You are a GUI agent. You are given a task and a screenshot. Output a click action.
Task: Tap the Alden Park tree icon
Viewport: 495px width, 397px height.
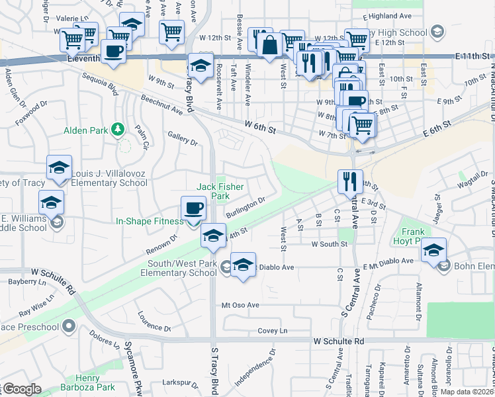[118, 129]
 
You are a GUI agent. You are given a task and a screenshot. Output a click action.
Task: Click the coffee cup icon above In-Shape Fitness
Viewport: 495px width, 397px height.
[194, 208]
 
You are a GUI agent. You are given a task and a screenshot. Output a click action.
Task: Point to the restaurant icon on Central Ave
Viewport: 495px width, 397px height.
[349, 181]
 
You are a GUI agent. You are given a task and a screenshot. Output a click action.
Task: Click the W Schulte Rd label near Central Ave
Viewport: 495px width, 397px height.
[338, 341]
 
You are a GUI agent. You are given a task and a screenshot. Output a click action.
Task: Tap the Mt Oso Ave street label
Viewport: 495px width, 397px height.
[240, 305]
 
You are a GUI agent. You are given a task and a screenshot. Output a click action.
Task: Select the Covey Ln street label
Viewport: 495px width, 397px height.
[273, 331]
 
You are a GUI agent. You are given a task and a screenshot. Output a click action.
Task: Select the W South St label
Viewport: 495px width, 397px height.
[329, 244]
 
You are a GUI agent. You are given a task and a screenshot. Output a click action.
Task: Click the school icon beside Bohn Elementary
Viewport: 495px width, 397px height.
[433, 251]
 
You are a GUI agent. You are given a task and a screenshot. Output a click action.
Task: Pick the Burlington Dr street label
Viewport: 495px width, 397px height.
[246, 207]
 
